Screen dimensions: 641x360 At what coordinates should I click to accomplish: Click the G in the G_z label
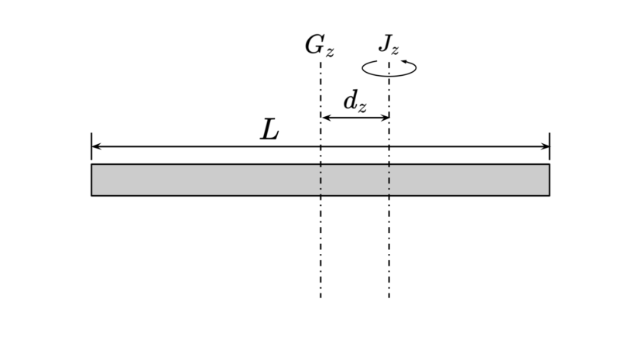point(315,45)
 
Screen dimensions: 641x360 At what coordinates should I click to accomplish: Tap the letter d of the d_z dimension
point(351,101)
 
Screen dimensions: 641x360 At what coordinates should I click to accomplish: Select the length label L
point(270,130)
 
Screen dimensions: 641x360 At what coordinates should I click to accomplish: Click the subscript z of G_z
point(330,53)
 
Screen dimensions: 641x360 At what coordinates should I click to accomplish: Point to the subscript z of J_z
point(395,50)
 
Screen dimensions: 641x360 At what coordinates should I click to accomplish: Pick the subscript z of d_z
point(362,108)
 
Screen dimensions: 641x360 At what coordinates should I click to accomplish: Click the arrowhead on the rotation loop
point(404,62)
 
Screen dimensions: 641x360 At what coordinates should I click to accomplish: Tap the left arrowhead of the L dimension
point(96,146)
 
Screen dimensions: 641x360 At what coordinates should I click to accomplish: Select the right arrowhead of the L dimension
point(545,146)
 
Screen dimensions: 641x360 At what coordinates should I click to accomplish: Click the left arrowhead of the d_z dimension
point(326,118)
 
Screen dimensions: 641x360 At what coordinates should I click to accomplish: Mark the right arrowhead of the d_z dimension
point(384,118)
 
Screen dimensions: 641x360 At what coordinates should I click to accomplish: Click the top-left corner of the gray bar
point(91,164)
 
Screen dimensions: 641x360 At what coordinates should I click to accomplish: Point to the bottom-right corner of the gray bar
point(550,196)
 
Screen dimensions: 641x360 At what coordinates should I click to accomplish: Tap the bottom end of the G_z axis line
point(320,297)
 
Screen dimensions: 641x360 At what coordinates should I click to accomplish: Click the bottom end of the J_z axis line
point(389,297)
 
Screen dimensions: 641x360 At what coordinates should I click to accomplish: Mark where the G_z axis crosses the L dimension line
point(320,146)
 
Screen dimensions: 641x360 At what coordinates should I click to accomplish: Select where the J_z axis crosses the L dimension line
point(389,146)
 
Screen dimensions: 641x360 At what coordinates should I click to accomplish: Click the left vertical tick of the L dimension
point(91,146)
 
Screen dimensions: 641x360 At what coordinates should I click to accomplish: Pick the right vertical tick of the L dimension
point(550,146)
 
